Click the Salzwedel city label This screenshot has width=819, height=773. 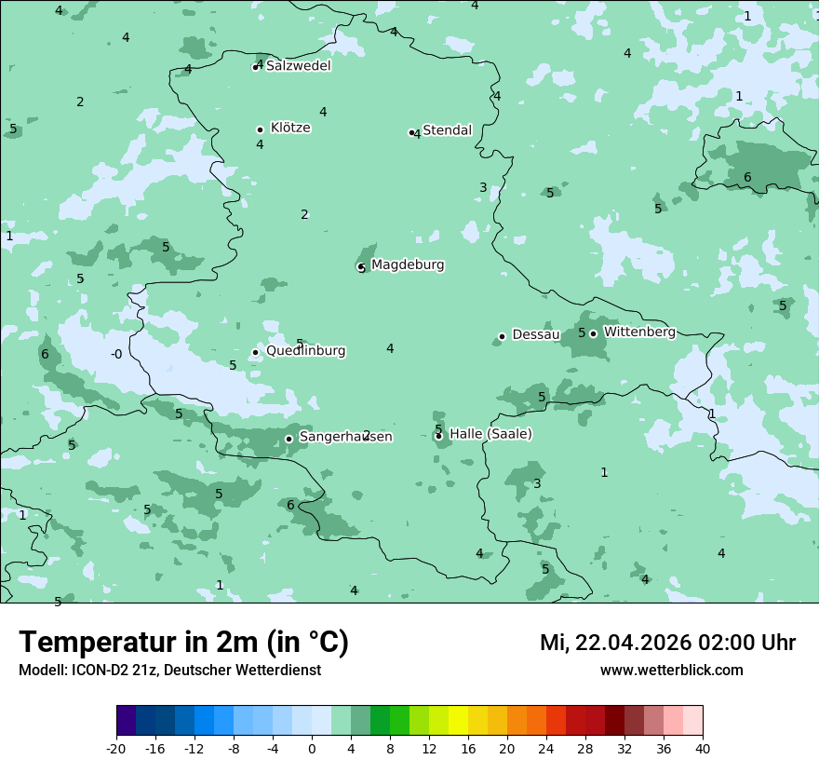[x=298, y=66]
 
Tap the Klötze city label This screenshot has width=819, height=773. [x=290, y=128]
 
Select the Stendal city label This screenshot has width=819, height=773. [x=448, y=130]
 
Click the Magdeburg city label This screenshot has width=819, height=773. [x=408, y=265]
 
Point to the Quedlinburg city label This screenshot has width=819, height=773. [x=305, y=351]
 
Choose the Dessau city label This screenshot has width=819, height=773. [x=536, y=335]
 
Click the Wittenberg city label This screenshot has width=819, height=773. [x=639, y=332]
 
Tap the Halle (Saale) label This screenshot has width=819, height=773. [x=490, y=434]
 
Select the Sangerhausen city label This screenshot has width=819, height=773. [x=345, y=437]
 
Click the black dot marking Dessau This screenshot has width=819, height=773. [x=502, y=336]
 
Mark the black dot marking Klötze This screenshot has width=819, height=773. [x=260, y=129]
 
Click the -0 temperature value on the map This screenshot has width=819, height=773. [x=116, y=354]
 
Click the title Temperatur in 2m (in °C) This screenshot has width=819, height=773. [x=183, y=643]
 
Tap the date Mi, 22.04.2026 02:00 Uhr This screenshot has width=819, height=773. [x=667, y=643]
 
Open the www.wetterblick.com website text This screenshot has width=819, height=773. [x=671, y=671]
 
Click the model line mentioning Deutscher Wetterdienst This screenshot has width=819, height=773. [x=169, y=671]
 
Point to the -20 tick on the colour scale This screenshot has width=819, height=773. [x=116, y=749]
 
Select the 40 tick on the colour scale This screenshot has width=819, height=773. [x=703, y=749]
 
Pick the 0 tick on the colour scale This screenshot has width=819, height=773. [x=312, y=749]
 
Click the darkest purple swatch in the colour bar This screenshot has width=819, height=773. [x=126, y=722]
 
